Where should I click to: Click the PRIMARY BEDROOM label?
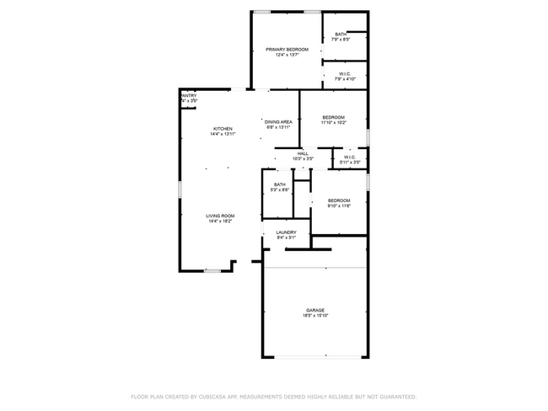coord(287,50)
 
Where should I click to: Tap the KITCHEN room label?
coord(223,129)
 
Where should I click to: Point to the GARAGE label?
coord(315,310)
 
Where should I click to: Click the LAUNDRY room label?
coord(287,232)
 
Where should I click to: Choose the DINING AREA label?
coord(278,122)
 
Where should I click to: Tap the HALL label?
coord(303,153)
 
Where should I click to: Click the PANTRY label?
coord(189,96)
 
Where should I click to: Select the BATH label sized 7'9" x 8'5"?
coord(340,35)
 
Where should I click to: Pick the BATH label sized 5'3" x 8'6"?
coord(279,184)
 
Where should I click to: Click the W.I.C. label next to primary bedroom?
coord(345,74)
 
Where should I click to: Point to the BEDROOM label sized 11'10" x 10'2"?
coord(333,117)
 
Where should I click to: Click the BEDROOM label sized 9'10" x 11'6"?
coord(339,200)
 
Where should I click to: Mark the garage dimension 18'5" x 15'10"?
coord(315,316)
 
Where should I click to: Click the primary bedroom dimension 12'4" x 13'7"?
coord(287,56)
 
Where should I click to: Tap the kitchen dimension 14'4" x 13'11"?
coord(223,135)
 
